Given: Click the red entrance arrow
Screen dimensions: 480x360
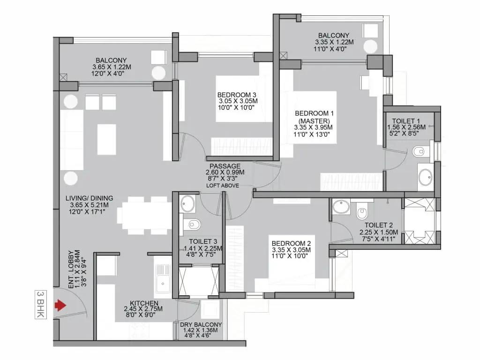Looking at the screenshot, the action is pyautogui.click(x=60, y=305).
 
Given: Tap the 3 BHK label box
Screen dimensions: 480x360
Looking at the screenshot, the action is pyautogui.click(x=40, y=304).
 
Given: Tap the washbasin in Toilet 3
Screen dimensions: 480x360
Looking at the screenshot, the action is pyautogui.click(x=187, y=204).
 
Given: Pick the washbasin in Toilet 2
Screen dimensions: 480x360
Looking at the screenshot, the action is pyautogui.click(x=341, y=207).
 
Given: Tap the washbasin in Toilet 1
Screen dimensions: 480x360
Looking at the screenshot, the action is pyautogui.click(x=426, y=177).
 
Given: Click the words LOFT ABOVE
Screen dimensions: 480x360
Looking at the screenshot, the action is pyautogui.click(x=223, y=186).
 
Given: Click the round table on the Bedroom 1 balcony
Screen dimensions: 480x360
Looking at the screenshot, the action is pyautogui.click(x=370, y=46).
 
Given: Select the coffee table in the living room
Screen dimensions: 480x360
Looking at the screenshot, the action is pyautogui.click(x=106, y=135).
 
